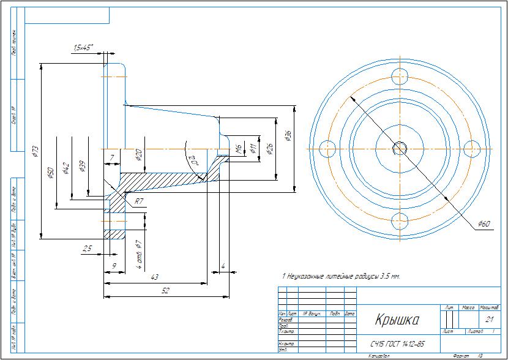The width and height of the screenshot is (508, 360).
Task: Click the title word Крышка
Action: point(396,320)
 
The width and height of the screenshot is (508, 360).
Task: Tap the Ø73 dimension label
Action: point(35,151)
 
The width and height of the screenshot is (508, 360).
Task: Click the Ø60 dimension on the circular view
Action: point(485,224)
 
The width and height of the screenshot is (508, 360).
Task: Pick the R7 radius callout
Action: point(140,201)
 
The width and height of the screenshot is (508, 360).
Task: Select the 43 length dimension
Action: point(155,277)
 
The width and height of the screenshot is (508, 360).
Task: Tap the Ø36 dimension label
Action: point(288,137)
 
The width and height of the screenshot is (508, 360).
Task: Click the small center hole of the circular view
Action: point(401,148)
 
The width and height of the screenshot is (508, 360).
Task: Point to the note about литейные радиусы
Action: point(340,277)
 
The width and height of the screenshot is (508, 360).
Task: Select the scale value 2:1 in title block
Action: point(489,320)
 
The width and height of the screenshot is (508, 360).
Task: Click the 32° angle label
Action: point(193,159)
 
